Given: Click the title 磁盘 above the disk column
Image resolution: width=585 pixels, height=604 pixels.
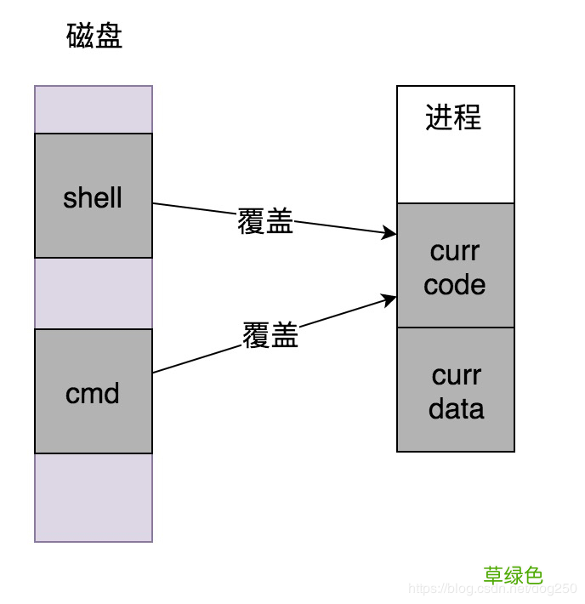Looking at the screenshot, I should [x=94, y=37].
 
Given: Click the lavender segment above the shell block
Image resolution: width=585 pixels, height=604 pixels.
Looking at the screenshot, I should [x=94, y=109].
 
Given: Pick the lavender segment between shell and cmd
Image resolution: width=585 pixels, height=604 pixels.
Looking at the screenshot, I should [x=94, y=293].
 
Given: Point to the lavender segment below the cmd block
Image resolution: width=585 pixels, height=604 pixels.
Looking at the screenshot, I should [x=94, y=497].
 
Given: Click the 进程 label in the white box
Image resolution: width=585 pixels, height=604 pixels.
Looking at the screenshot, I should [x=454, y=117].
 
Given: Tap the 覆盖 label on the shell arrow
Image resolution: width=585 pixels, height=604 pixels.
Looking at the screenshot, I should [x=265, y=222].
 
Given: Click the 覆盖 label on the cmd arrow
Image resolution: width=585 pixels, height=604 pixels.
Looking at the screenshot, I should [x=270, y=335].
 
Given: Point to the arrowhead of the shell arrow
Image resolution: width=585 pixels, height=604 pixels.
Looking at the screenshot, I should [x=391, y=232].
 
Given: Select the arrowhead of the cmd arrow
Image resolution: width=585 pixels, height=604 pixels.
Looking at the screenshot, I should [x=391, y=299].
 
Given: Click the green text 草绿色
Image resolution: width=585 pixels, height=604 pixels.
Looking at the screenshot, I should [x=514, y=576].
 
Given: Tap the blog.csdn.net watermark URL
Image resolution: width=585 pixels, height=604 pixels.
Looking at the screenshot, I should [x=493, y=589].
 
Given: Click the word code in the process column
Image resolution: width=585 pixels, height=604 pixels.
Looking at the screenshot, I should [x=455, y=285].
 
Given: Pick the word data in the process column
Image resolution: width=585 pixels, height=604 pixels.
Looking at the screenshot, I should [x=457, y=408].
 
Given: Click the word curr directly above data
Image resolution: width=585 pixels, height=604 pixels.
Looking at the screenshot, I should [x=457, y=375].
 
